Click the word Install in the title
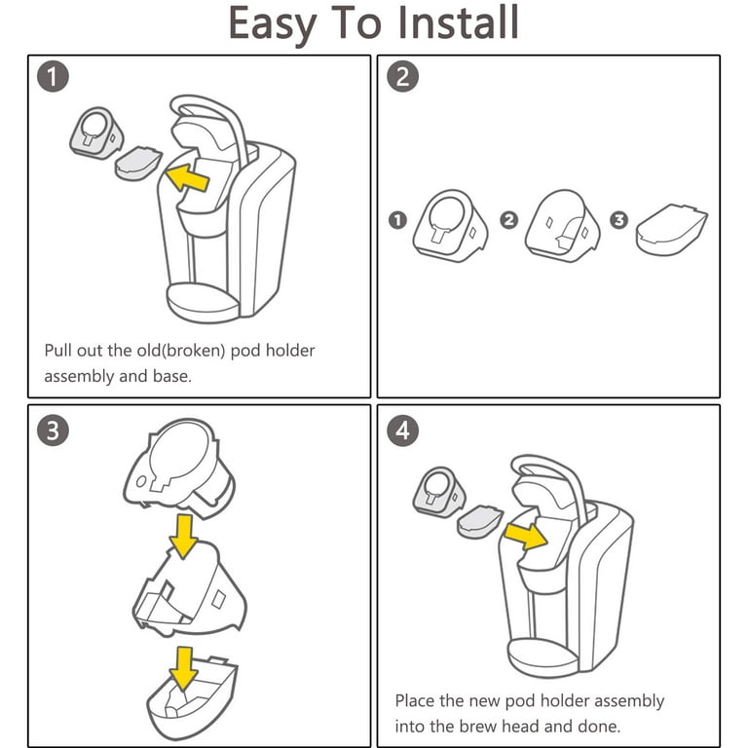[458, 22]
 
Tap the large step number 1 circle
[53, 77]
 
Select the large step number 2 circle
[402, 77]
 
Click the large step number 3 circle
[53, 430]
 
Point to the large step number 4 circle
[402, 430]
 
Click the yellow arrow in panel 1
[187, 178]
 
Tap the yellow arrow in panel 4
[526, 536]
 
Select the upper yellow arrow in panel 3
[184, 536]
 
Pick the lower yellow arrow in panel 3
[184, 668]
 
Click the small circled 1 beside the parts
[397, 220]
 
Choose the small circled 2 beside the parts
[509, 220]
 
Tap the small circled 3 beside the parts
[619, 220]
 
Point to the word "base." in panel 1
[172, 376]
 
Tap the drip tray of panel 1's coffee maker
[203, 303]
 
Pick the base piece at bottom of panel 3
[192, 698]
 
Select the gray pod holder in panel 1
[96, 133]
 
